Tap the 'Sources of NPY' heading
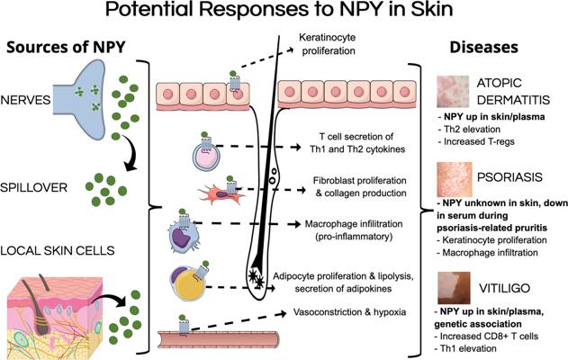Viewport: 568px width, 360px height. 68,48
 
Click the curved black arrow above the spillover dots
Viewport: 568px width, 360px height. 135,155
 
